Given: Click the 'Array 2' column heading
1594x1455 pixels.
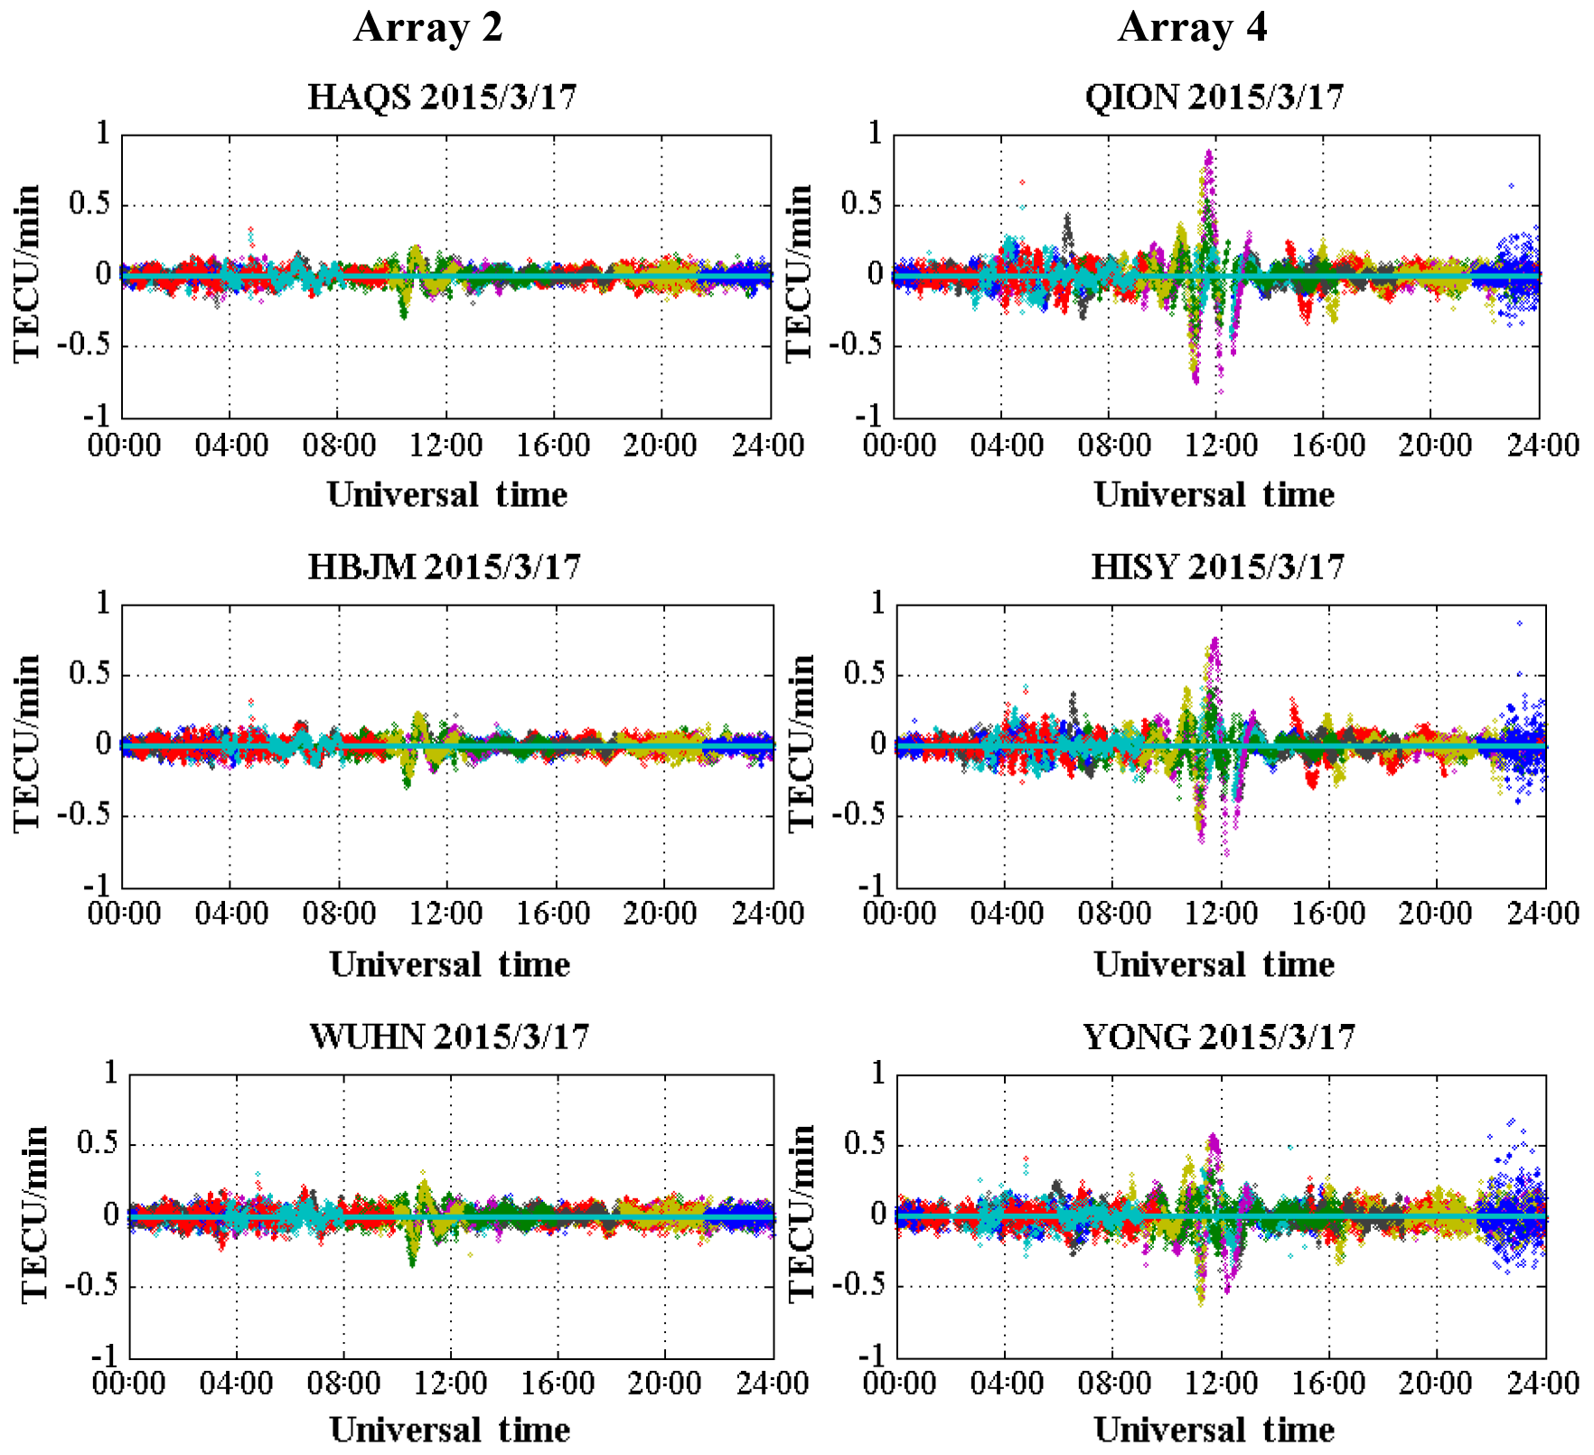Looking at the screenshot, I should (427, 27).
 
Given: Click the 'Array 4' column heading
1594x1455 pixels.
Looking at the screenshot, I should (1192, 27).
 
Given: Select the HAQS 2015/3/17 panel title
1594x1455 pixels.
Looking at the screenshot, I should (442, 97).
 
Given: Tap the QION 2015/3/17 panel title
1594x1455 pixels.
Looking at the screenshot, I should (1214, 97).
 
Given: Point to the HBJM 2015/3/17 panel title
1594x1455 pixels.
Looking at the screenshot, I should (444, 567).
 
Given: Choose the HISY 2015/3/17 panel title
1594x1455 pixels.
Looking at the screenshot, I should (1217, 567).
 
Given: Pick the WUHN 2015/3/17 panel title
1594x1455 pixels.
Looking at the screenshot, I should (449, 1036).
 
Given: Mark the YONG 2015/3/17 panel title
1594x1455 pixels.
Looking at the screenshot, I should (1219, 1036).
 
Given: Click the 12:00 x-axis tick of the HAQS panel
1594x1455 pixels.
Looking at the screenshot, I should (445, 445).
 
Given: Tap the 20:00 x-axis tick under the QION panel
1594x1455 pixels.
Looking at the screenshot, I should (1434, 445).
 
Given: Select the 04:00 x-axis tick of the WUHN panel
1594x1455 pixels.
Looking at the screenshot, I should (236, 1384).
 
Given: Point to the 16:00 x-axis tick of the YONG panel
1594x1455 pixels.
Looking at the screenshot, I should (1327, 1384).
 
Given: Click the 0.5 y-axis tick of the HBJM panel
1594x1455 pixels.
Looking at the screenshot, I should (89, 673).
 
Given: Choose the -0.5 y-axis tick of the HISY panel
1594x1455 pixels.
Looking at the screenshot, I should (858, 814).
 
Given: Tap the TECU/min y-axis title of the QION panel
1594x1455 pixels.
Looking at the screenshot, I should (800, 273).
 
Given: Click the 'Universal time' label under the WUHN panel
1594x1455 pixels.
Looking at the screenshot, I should (449, 1430).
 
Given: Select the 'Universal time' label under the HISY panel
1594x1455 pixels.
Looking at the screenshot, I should (1214, 964).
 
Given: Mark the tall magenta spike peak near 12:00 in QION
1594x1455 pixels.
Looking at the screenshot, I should (1209, 154).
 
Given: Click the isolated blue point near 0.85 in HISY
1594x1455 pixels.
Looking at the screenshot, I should (1520, 623).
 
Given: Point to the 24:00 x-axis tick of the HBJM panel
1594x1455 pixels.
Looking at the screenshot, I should (767, 914).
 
